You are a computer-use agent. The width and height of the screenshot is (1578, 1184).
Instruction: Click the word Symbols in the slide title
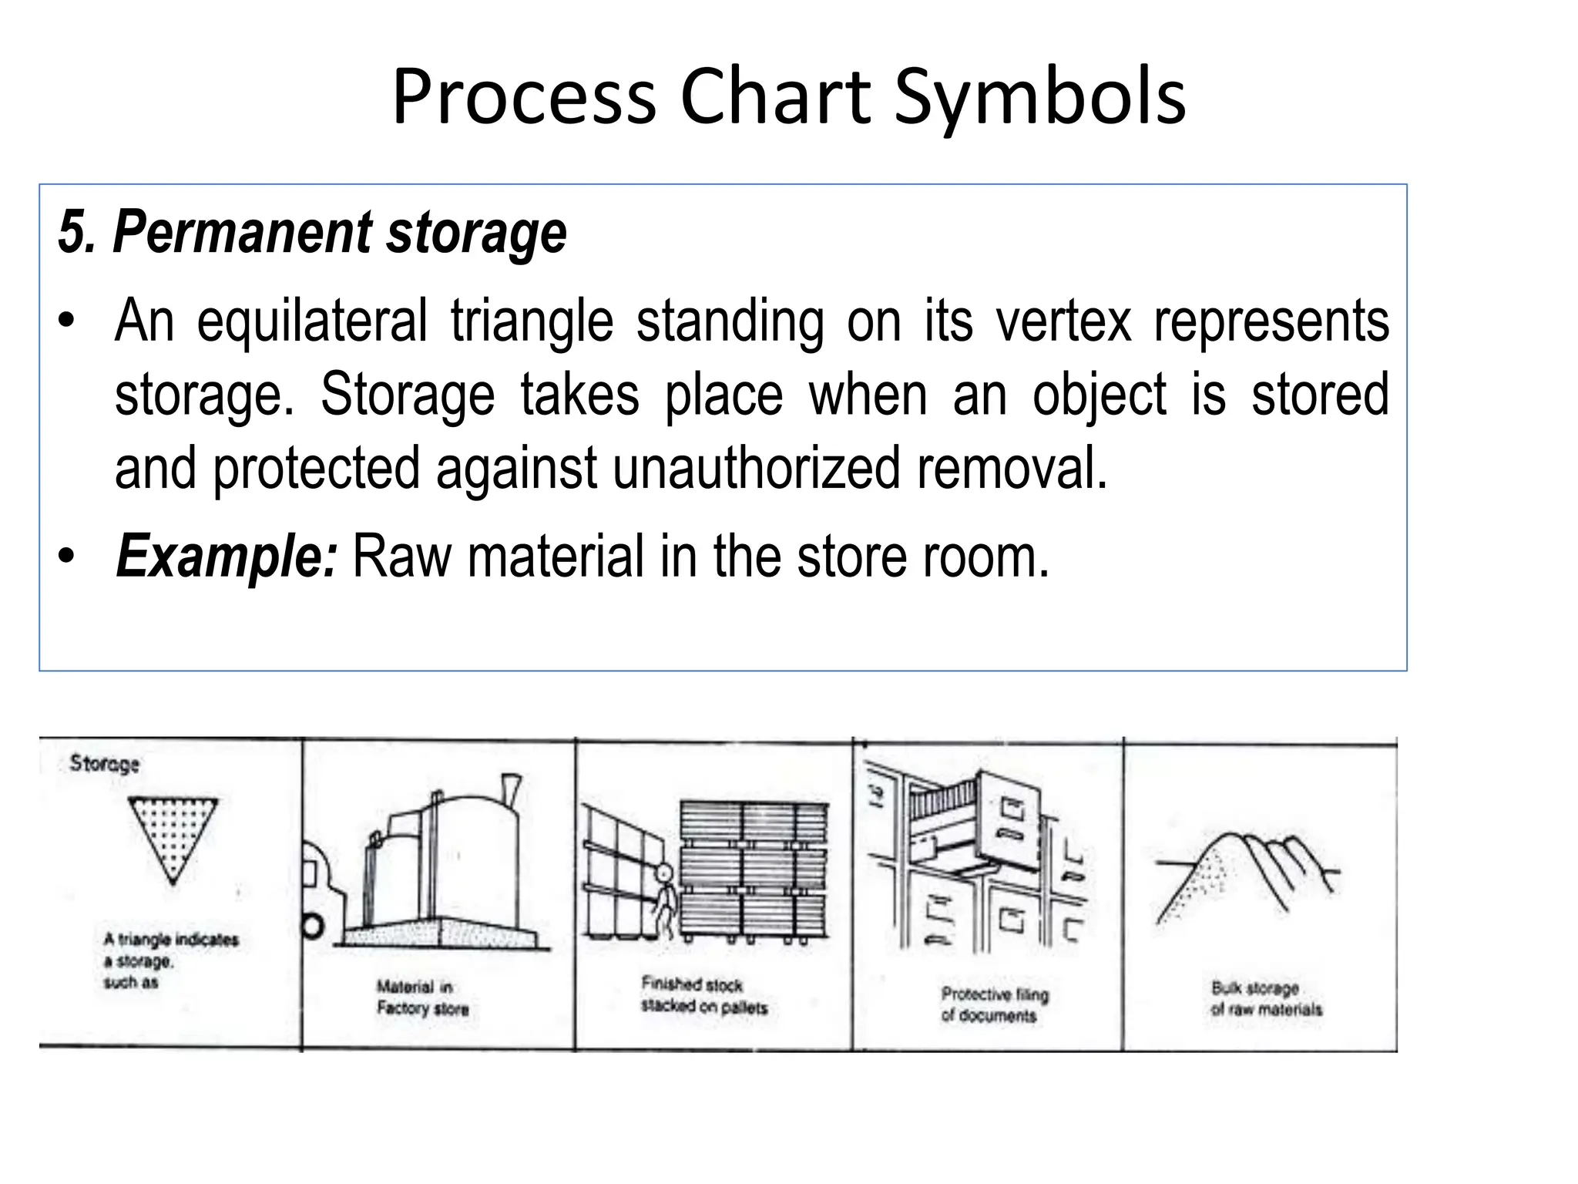[1039, 97]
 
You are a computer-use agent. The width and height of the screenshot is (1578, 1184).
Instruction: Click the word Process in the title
[523, 97]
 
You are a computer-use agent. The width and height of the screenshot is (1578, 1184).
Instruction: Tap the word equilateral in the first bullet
[311, 321]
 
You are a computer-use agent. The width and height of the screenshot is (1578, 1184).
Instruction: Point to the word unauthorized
[756, 468]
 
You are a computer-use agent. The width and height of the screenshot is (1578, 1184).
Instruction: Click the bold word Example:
[226, 556]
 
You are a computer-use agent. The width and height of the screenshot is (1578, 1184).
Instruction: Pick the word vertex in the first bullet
[1063, 321]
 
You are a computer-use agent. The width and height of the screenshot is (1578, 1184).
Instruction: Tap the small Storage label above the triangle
[105, 763]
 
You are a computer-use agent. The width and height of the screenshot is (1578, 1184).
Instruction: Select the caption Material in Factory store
[422, 997]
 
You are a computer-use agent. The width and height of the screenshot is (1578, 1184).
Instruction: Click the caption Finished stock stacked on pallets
[704, 995]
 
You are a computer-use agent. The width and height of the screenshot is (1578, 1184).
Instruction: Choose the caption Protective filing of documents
[995, 1004]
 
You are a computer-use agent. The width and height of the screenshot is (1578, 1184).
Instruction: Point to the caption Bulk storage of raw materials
[1266, 998]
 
